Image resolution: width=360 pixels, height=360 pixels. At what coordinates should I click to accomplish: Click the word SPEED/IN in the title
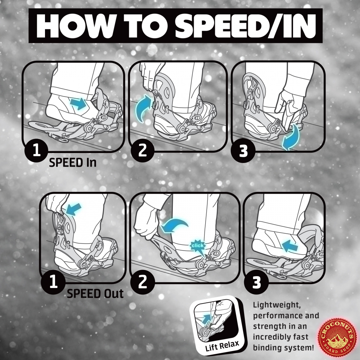[246, 26]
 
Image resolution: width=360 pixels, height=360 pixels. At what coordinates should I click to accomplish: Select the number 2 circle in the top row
[142, 150]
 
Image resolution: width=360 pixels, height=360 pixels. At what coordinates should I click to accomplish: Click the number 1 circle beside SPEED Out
[53, 282]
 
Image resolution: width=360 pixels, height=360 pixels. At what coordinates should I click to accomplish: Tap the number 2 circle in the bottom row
[143, 282]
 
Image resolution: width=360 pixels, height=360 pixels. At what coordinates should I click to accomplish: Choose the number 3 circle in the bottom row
[256, 282]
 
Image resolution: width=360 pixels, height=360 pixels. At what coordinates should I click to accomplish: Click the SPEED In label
[73, 163]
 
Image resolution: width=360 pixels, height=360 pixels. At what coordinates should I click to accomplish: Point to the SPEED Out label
[95, 293]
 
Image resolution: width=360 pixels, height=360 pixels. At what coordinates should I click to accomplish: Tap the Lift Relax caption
[222, 345]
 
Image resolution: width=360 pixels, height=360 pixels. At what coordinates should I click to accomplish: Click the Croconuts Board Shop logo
[337, 337]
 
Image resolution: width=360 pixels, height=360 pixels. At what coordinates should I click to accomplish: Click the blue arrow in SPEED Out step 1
[73, 209]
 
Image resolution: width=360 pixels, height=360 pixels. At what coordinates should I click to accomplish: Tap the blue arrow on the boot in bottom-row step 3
[290, 246]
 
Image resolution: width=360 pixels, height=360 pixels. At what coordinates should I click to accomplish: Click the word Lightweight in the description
[277, 305]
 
